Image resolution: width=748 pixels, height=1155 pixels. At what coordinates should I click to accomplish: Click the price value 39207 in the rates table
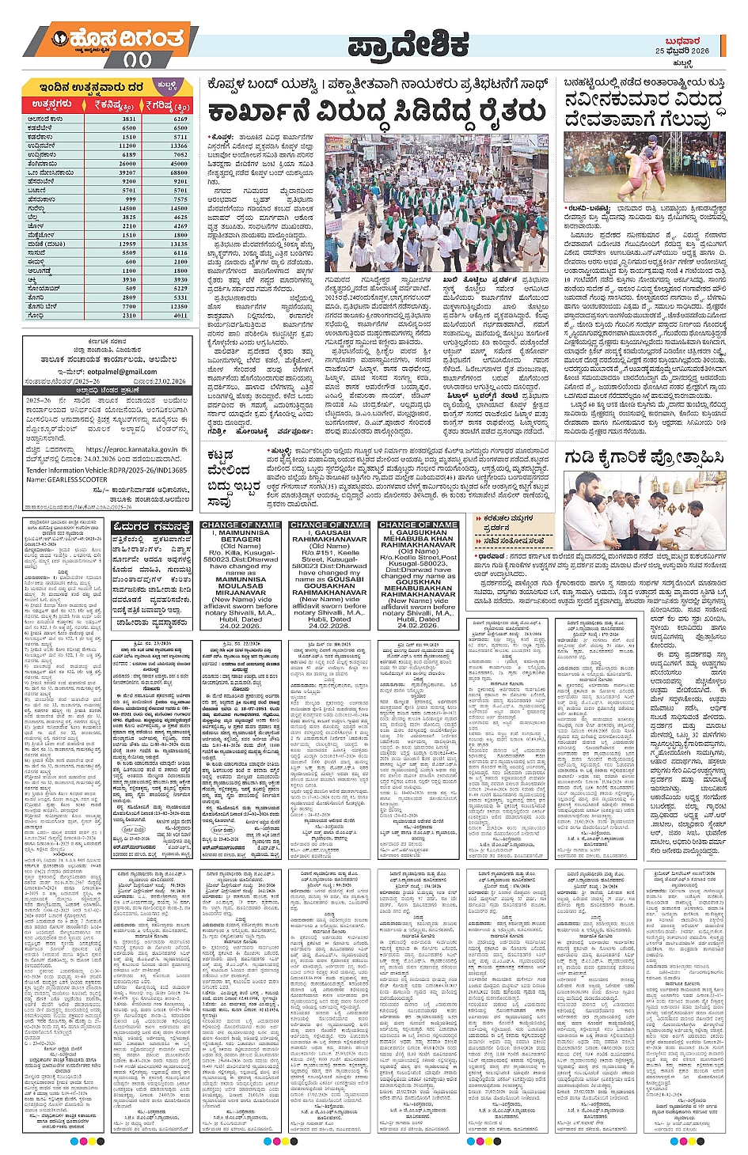pyautogui.click(x=128, y=172)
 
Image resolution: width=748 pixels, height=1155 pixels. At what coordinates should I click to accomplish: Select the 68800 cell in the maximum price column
pyautogui.click(x=179, y=172)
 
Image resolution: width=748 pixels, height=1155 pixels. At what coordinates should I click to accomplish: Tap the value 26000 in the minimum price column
pyautogui.click(x=128, y=164)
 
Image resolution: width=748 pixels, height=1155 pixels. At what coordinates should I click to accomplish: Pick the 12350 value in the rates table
pyautogui.click(x=179, y=306)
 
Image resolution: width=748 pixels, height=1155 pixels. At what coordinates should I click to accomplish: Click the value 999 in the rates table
pyautogui.click(x=130, y=199)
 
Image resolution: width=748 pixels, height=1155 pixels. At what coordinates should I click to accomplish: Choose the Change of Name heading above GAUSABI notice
pyautogui.click(x=329, y=524)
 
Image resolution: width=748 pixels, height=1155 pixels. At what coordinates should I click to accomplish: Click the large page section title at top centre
pyautogui.click(x=408, y=46)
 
